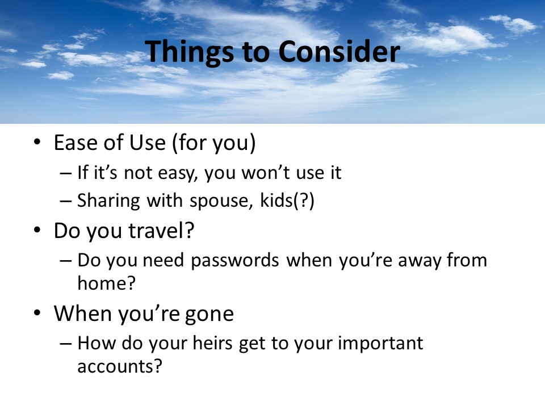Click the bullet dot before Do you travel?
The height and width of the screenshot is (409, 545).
click(x=37, y=231)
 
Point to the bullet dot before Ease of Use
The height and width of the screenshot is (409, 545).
click(x=37, y=143)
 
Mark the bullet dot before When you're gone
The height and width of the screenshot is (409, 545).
click(x=37, y=314)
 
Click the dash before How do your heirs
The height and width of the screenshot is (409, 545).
click(x=65, y=344)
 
